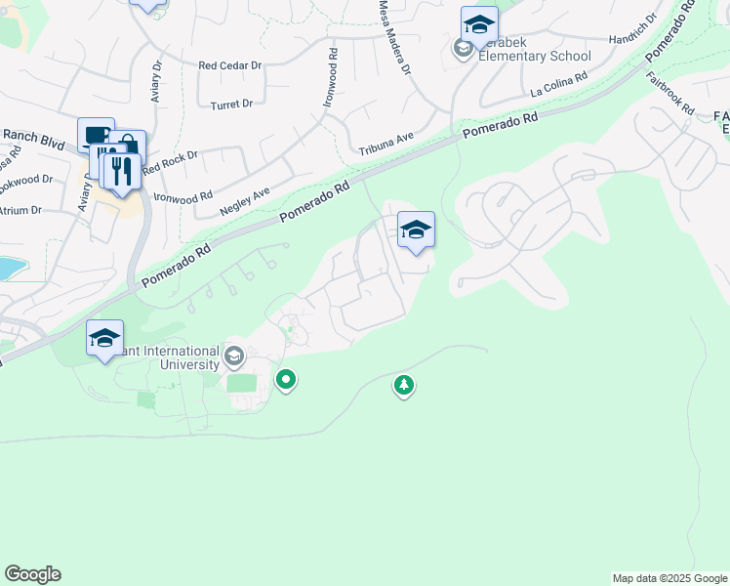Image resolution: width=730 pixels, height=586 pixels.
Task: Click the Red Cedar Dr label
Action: point(230,66)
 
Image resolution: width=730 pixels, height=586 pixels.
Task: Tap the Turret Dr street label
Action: point(231,104)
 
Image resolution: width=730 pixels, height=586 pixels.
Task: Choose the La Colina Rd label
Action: point(559,84)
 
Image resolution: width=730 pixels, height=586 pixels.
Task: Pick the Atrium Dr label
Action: point(20,210)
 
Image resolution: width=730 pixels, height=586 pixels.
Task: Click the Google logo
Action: point(32,574)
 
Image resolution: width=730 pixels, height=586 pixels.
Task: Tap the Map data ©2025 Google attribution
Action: point(669,578)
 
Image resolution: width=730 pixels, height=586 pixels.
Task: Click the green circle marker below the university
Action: point(286,378)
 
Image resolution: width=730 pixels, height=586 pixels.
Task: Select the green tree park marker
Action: point(404,385)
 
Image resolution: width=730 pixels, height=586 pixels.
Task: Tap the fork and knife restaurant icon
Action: point(122,172)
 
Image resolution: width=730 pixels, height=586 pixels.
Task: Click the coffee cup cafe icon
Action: point(95,136)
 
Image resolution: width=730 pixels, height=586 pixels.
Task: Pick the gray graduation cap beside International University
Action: point(233,356)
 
